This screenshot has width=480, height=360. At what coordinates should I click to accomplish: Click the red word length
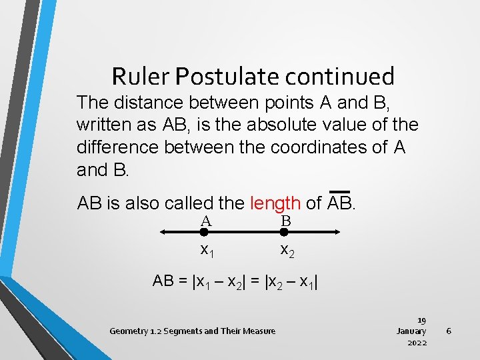(275, 203)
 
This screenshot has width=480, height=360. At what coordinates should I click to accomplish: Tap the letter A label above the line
(205, 221)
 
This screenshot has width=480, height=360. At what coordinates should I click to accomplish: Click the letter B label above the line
(285, 221)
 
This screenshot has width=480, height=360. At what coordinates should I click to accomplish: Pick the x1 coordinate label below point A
(207, 251)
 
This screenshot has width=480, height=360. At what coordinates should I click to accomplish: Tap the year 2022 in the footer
(417, 342)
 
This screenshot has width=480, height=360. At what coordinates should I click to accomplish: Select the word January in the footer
(411, 331)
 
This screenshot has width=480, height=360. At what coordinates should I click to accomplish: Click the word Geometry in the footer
(129, 331)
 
